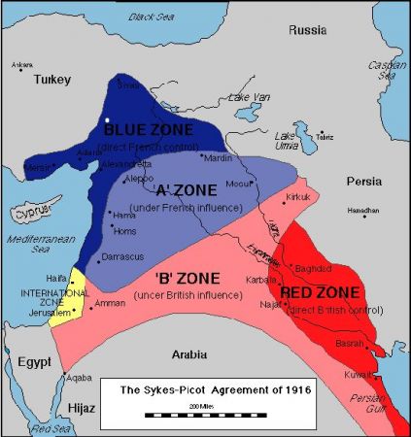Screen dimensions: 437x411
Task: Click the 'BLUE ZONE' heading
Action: [x=149, y=130]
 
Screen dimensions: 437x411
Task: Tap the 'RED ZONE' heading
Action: [x=320, y=291]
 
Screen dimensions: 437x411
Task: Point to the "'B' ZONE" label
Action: [x=175, y=280]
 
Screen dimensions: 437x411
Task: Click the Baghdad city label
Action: [x=312, y=268]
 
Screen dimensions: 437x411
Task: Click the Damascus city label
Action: [x=123, y=255]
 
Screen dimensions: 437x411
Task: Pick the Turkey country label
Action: [x=53, y=81]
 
